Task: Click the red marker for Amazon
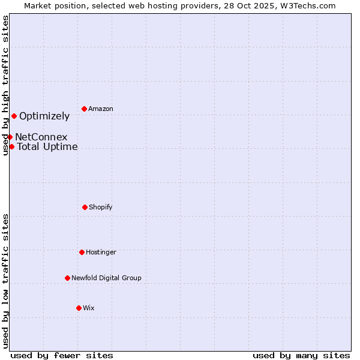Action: (84, 109)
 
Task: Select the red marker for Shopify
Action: (85, 207)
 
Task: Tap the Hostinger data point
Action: (82, 252)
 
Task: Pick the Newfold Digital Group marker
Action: (67, 278)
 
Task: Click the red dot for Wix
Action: (79, 308)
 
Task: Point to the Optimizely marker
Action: (14, 116)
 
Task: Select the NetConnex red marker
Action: (10, 137)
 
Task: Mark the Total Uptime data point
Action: (11, 146)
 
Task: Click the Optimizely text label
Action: (44, 116)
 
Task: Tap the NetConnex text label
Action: (41, 137)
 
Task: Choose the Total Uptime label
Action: (47, 146)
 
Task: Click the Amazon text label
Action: (101, 109)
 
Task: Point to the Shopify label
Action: (101, 207)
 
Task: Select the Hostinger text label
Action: (101, 252)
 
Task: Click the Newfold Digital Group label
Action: (106, 278)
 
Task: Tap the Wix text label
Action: (89, 308)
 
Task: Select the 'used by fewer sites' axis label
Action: (62, 355)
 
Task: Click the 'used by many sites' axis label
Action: (301, 355)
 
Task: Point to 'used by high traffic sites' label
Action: (5, 85)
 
